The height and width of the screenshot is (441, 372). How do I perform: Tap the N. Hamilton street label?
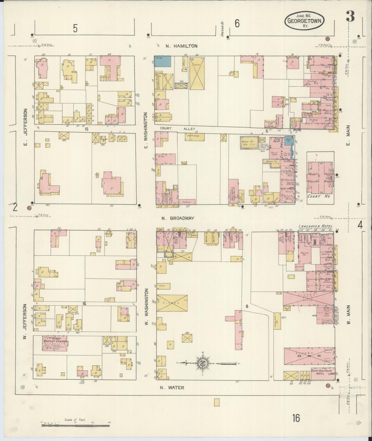coord(181,46)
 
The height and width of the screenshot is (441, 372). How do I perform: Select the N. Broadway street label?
coord(178,218)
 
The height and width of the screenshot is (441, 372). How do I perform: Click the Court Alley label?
coord(178,129)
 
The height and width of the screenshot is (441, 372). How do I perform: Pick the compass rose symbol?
coord(201,363)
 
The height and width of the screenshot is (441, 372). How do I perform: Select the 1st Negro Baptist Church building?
coord(55,343)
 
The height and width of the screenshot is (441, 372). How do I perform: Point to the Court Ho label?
coord(319,197)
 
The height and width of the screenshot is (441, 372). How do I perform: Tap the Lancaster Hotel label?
coord(315,226)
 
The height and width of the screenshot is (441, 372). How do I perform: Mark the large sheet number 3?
coord(350,17)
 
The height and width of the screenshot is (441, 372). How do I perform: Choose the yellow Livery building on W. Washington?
coord(172,303)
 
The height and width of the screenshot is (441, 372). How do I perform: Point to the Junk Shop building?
coord(194,137)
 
